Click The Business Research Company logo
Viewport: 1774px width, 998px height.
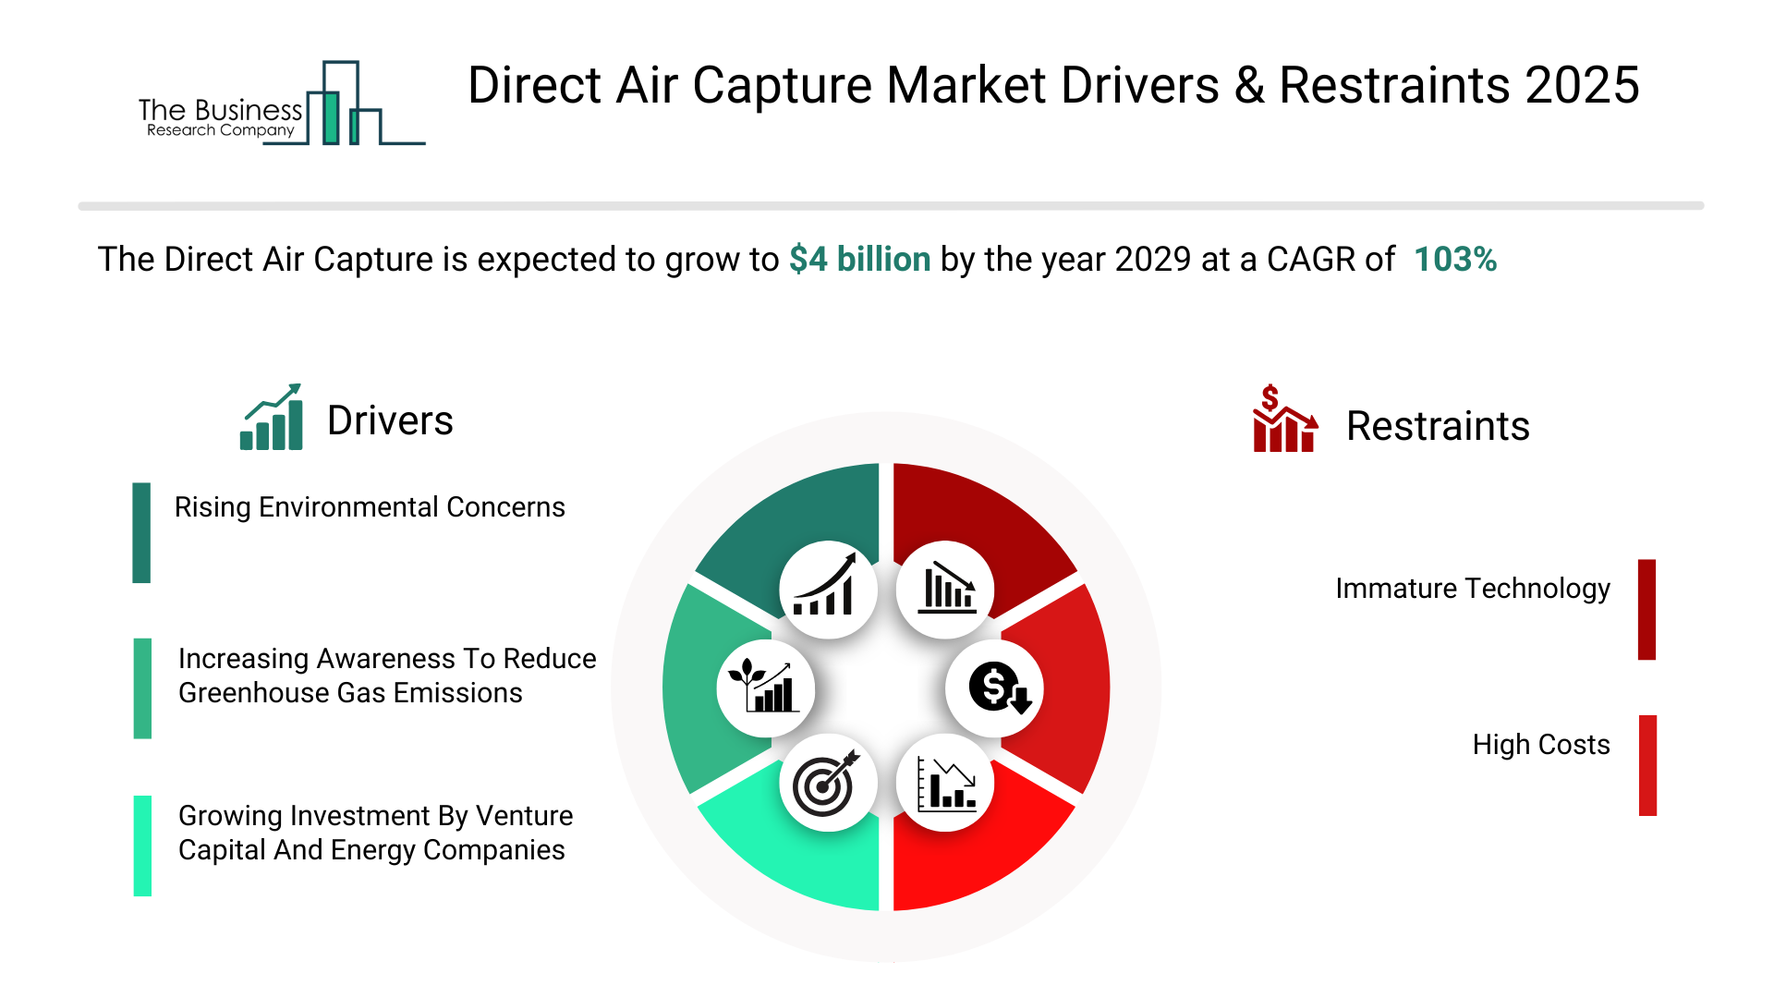(282, 103)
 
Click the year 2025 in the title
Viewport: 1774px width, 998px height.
(1582, 85)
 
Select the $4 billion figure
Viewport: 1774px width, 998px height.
(859, 260)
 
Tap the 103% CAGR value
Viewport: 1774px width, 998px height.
(1455, 260)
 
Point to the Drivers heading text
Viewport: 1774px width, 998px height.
(390, 420)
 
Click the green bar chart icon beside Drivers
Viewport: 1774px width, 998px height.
(271, 417)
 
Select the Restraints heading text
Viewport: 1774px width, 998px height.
(1438, 426)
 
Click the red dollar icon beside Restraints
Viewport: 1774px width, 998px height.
(1284, 419)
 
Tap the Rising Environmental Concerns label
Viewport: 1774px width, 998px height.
(370, 507)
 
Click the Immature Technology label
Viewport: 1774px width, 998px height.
(1473, 589)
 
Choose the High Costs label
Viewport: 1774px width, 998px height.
(1541, 745)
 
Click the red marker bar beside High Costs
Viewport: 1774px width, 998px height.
(1647, 765)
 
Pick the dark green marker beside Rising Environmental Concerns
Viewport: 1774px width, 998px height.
(141, 532)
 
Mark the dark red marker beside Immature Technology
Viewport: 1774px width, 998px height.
(1646, 610)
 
